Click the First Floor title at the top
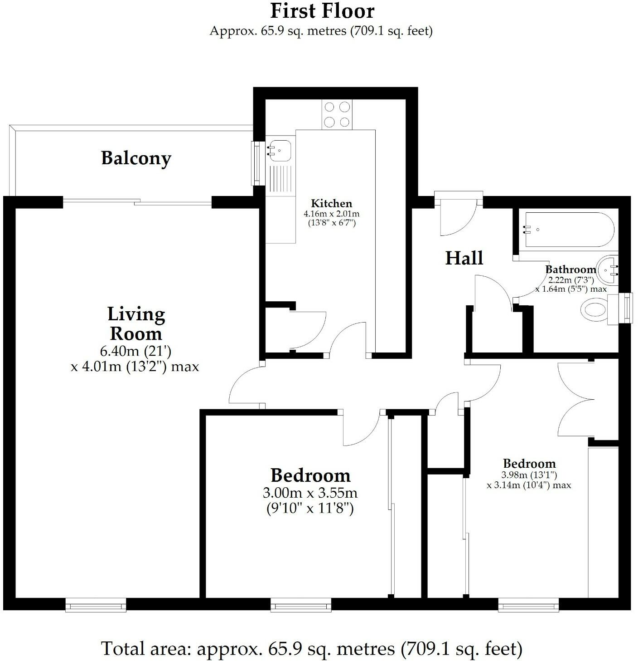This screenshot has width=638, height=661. pos(322,11)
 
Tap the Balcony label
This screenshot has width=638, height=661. pos(136,158)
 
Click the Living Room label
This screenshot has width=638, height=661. pos(136,323)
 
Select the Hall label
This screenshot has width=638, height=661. pos(464,258)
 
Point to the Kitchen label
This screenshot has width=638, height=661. pos(331,204)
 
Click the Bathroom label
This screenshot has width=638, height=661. pos(570,269)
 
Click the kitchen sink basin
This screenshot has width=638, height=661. pos(279,149)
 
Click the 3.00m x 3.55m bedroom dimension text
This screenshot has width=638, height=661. pos(310,493)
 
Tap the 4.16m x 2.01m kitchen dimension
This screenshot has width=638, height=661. pos(331,214)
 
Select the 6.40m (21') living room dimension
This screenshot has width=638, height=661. pos(135,351)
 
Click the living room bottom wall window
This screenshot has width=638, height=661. pos(96,605)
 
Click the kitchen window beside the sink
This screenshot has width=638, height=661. pos(256,163)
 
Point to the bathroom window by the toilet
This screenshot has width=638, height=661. pos(626,308)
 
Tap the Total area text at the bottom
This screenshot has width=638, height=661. pos(311,648)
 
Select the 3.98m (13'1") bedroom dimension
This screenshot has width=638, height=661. pos(529,475)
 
